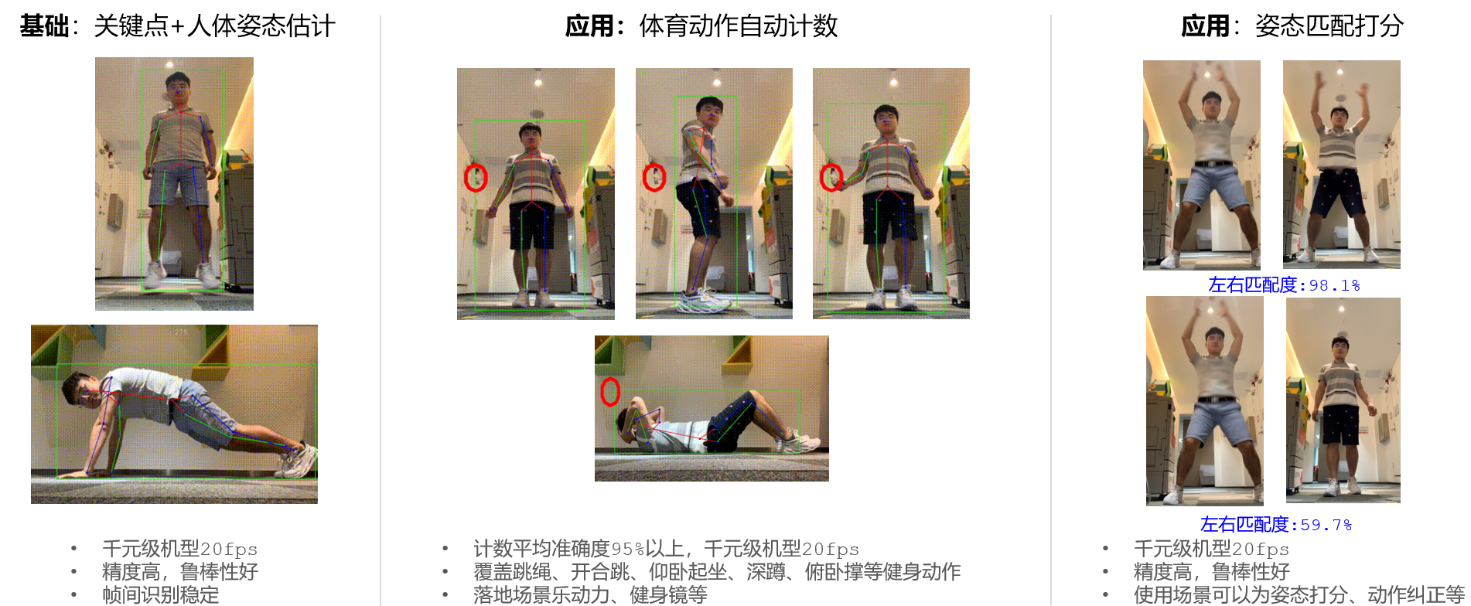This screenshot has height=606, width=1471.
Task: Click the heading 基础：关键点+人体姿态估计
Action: tap(177, 26)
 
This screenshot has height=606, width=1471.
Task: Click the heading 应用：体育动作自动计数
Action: tap(701, 26)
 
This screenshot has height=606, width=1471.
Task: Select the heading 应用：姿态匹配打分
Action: tap(1292, 26)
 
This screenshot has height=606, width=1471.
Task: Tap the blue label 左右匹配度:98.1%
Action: tap(1284, 285)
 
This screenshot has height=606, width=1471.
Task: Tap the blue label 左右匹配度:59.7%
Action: tap(1276, 525)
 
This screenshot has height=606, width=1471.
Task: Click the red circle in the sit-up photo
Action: tap(610, 391)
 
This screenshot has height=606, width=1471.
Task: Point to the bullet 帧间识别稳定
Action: tap(161, 595)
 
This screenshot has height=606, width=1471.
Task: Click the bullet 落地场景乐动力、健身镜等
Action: tap(590, 595)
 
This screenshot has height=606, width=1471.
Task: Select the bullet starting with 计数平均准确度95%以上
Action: tap(667, 549)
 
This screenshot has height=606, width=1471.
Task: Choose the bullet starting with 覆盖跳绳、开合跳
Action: tap(717, 572)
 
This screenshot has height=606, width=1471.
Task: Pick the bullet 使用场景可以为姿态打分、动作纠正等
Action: tap(1299, 595)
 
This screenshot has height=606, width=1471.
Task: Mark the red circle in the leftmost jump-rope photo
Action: tap(476, 178)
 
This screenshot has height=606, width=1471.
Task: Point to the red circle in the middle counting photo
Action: tap(654, 178)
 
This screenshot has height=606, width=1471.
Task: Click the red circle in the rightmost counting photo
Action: tap(831, 178)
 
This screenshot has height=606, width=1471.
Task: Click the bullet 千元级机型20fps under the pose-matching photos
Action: tap(1212, 549)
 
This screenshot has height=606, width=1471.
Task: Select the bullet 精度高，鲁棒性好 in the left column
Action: tap(180, 572)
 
